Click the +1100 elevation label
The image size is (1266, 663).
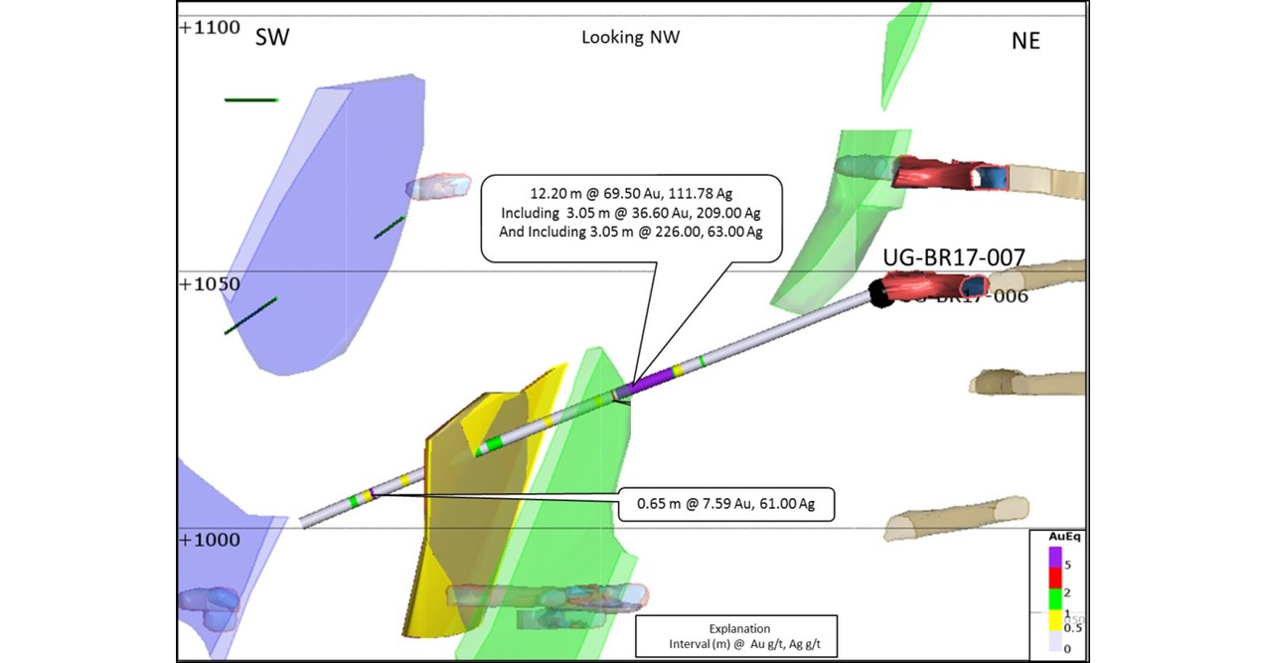[x=210, y=28]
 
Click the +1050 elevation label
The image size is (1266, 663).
[x=210, y=284]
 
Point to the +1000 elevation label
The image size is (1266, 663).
[x=210, y=540]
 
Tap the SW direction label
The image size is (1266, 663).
[x=273, y=39]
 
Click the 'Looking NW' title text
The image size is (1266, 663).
[x=631, y=38]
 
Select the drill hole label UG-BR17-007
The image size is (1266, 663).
[x=954, y=258]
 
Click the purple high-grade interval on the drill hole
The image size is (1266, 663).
[x=651, y=381]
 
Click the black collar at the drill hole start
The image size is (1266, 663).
[x=878, y=293]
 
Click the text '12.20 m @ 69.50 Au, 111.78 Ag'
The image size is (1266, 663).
[x=631, y=192]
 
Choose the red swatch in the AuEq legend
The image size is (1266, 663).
[x=1055, y=580]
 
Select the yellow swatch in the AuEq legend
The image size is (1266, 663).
[x=1055, y=620]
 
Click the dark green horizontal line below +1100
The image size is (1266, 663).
[x=250, y=99]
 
